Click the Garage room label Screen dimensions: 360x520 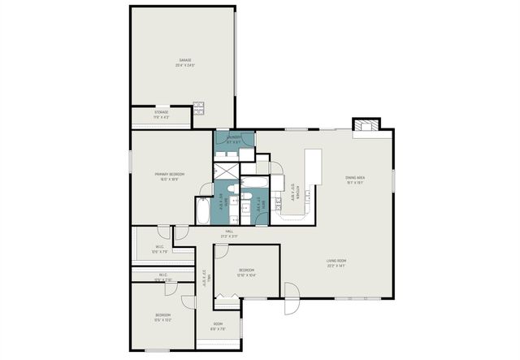pos(186,63)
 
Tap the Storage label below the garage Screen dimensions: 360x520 pos(161,115)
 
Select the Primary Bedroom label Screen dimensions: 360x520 pos(171,176)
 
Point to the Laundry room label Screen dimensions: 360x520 pos(234,140)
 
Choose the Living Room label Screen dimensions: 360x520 pos(336,263)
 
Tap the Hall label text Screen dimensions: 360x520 pos(230,233)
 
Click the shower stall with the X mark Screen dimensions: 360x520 pos(223,171)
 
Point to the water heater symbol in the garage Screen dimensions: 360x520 pos(198,106)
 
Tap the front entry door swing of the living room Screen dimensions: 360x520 pos(290,309)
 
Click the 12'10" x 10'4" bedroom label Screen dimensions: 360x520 pos(246,272)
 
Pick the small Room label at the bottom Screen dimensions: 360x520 pos(217,327)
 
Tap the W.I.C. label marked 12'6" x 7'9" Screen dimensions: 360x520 pos(160,249)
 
